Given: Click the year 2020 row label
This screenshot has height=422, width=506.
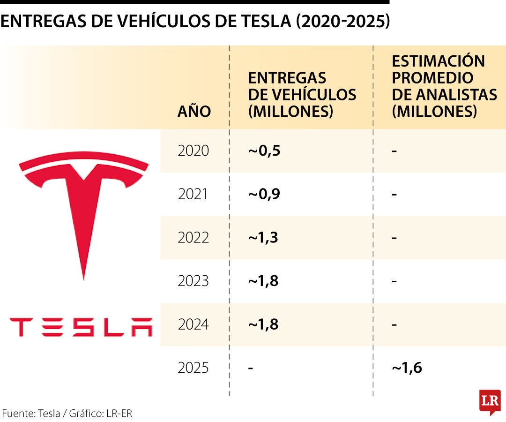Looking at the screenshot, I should click(193, 151).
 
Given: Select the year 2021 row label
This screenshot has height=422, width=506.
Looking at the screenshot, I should click(193, 194).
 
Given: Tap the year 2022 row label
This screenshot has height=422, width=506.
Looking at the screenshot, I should click(193, 238).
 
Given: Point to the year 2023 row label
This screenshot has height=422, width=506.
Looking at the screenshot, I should click(193, 281).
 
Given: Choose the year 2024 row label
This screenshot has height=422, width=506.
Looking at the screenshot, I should click(193, 324).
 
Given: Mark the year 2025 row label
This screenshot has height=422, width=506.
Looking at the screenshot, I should click(193, 368).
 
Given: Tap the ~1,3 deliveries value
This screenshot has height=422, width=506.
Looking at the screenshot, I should click(263, 238).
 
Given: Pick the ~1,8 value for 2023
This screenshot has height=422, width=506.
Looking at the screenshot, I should click(264, 281).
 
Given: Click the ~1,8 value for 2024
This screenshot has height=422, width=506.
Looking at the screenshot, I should click(264, 324).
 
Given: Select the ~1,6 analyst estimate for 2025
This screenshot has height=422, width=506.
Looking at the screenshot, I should click(407, 368).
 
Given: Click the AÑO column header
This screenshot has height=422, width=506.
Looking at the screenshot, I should click(194, 112).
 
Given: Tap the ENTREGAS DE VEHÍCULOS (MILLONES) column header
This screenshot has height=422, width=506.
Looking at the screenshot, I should click(302, 95).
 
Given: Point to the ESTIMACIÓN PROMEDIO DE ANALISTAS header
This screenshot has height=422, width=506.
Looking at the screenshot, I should click(444, 86).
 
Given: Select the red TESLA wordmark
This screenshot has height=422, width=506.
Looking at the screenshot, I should click(82, 327).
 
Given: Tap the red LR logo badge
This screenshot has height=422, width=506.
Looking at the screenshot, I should click(490, 401).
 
